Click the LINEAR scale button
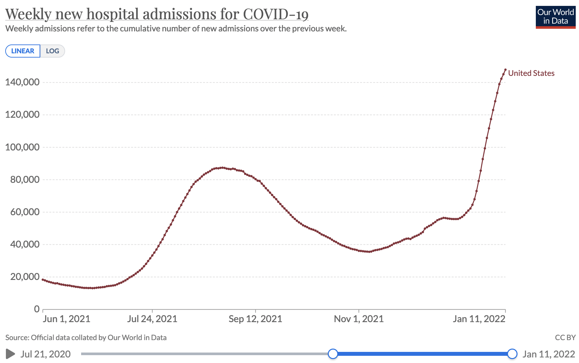23,51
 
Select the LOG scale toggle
52,51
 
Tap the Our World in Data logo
555,17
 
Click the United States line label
531,73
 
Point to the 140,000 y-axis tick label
22,82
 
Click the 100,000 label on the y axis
22,147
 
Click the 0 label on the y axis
37,309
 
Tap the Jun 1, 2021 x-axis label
66,319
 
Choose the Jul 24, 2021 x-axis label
152,319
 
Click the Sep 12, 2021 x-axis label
255,319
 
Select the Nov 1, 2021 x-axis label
359,319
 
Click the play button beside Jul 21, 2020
10,354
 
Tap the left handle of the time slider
333,354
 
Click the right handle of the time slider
512,354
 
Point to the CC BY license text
565,337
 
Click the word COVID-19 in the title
275,14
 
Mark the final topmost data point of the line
505,70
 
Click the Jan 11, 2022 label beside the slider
549,354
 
